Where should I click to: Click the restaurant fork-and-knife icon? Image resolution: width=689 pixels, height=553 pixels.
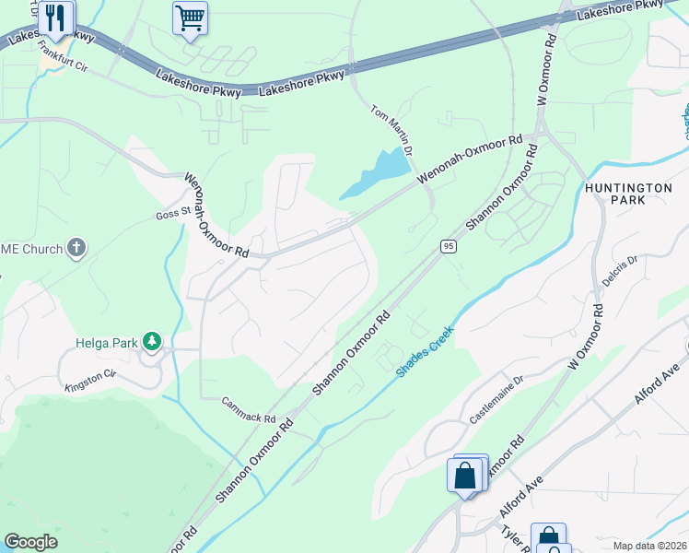[x=56, y=18]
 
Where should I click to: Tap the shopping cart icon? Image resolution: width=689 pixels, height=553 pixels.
[x=190, y=18]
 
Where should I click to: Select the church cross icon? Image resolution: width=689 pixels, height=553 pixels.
[x=76, y=248]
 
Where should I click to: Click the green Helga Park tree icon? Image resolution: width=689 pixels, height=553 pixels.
[x=152, y=343]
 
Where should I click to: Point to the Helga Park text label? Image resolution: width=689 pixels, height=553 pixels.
[x=106, y=343]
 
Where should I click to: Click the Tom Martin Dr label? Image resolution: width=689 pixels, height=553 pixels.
[x=391, y=127]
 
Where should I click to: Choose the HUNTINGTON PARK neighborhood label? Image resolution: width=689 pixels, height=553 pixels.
[x=628, y=194]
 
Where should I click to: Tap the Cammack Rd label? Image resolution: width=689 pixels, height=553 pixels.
[x=249, y=410]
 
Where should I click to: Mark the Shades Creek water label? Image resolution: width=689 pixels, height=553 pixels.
[x=425, y=351]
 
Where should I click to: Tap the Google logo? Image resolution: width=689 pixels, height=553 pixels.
[x=30, y=541]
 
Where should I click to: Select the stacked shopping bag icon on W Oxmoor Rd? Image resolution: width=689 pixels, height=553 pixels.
[x=467, y=475]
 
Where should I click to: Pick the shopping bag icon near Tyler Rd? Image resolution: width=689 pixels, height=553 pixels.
[x=548, y=537]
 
